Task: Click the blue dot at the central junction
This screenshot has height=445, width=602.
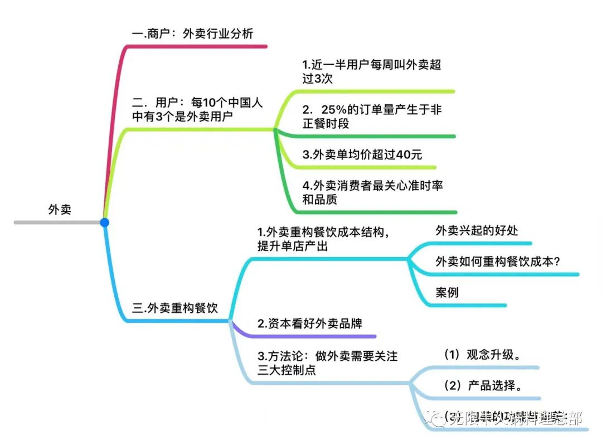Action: pos(104,223)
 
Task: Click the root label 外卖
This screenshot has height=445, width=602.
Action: pos(60,210)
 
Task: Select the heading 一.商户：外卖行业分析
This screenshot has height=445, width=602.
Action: pos(193,33)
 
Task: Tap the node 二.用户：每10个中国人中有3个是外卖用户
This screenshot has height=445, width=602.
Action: pos(197,110)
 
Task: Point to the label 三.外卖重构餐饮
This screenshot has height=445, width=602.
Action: pos(175,308)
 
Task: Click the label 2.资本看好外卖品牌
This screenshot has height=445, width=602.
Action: pos(310,323)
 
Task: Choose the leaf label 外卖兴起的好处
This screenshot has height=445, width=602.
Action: pos(477,230)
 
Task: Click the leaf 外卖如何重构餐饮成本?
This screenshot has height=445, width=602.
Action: pos(498,261)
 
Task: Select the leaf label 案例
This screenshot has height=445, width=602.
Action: pos(447,292)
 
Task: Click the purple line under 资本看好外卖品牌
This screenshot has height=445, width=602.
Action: pos(312,336)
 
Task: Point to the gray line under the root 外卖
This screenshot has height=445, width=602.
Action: pos(56,223)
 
